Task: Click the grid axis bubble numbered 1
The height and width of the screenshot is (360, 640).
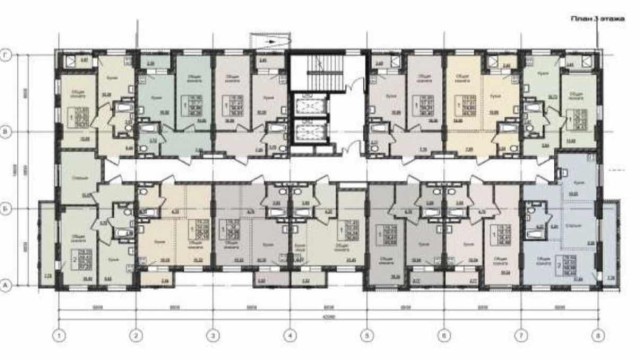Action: click(60, 334)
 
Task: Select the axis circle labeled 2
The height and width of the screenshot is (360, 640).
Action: click(137, 334)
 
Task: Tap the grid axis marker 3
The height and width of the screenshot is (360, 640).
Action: click(213, 334)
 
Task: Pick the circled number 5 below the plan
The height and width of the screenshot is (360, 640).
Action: click(367, 334)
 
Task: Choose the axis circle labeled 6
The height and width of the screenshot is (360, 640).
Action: click(444, 334)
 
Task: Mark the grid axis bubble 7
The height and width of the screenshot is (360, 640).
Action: click(521, 334)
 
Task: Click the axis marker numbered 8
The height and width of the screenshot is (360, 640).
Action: click(597, 334)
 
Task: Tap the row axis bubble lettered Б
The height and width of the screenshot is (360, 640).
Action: click(8, 209)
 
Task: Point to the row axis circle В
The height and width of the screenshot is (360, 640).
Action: click(8, 131)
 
